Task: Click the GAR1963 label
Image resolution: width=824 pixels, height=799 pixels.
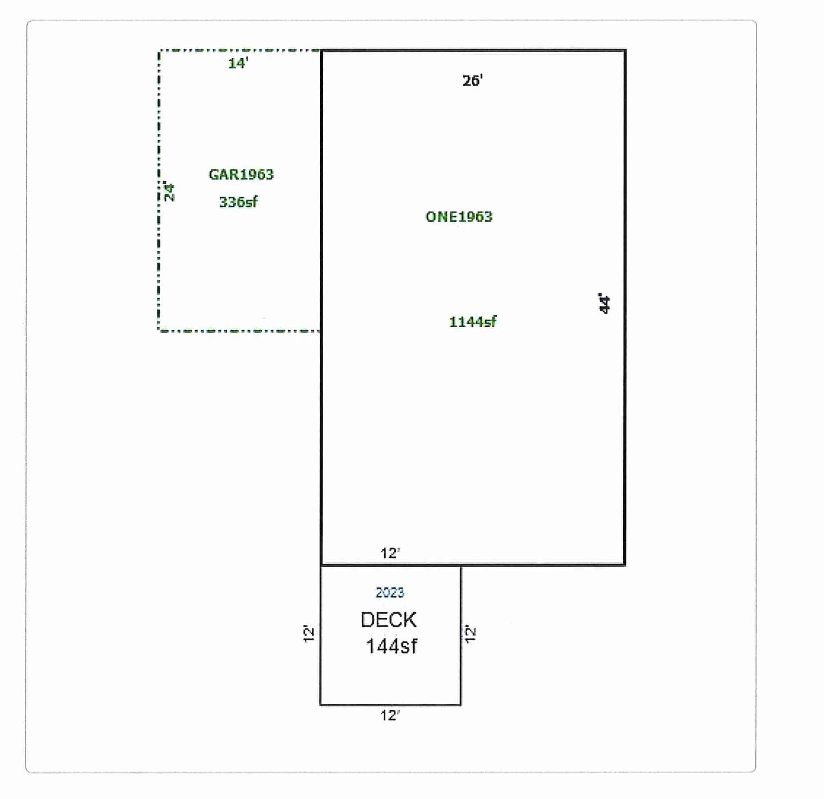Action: coord(241,174)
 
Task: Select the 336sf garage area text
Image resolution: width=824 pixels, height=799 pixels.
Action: coord(238,202)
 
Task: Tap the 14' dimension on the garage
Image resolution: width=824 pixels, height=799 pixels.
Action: coord(238,63)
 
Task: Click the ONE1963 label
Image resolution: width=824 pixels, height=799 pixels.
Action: coord(459,217)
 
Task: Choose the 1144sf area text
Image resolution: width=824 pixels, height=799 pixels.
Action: coord(473,322)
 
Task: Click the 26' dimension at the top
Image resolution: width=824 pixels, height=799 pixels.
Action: coord(473,80)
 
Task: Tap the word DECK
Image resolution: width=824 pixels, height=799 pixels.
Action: coord(389,620)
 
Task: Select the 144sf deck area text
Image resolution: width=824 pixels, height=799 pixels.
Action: coord(391,646)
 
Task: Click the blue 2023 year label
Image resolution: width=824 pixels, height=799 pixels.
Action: coord(390,592)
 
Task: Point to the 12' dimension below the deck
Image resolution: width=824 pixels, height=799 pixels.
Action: coord(390,716)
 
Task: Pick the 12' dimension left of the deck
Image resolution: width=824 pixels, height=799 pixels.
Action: coord(309,634)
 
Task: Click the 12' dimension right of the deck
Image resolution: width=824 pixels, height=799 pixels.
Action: coord(470,634)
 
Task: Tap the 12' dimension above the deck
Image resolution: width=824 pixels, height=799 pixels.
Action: coord(390,553)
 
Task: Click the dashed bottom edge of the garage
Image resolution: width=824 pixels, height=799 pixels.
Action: coord(239,331)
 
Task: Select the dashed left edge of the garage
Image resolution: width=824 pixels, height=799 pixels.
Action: coord(159,190)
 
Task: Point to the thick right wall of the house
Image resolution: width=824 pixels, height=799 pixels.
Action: coord(625,307)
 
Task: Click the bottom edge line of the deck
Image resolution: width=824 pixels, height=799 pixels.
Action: coord(391,705)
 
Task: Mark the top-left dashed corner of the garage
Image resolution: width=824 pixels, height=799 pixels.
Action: coord(159,51)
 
